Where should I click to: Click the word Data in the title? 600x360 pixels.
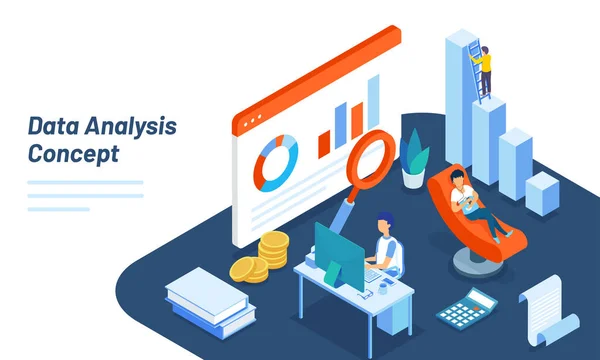[51, 128]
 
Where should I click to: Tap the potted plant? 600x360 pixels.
[414, 161]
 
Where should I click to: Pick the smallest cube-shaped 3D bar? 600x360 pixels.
[541, 192]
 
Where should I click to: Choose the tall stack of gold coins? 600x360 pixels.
[272, 251]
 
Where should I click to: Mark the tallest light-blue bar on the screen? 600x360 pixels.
[373, 104]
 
